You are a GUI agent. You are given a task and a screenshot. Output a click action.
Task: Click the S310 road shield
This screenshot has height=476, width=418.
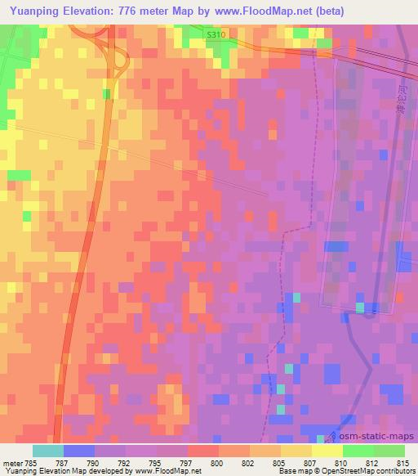(x=216, y=35)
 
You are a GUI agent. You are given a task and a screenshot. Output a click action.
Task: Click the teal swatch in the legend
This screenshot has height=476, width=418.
(x=48, y=451)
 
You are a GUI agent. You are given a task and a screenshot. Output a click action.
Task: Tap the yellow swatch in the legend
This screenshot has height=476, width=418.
(x=327, y=451)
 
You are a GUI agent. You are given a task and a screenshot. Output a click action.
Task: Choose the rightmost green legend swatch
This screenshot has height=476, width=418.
(x=389, y=451)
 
